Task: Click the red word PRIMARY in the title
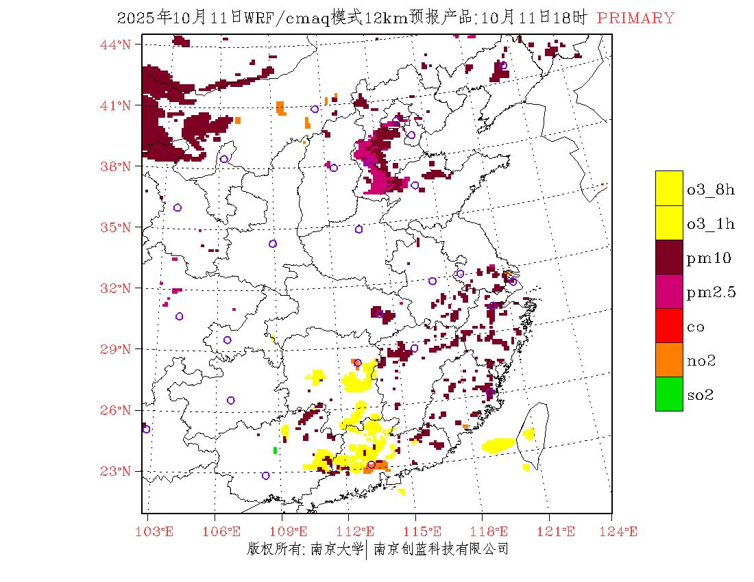coord(635,18)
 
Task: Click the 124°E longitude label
coord(622,531)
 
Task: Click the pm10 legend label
coord(709,258)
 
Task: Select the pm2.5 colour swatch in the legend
coord(669,291)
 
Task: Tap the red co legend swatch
coord(669,325)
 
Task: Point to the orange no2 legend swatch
coord(669,359)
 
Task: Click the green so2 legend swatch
coord(669,394)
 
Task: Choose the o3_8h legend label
coord(711,190)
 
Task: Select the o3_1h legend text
coord(711,224)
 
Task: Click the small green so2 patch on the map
coord(275,450)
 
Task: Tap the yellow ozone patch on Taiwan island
coord(528,433)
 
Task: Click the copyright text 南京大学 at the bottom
coord(337,548)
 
